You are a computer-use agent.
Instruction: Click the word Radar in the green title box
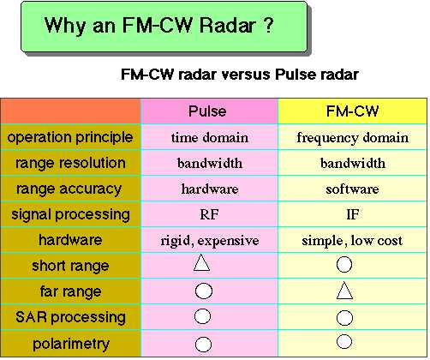click(x=227, y=25)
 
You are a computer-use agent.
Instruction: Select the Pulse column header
click(x=207, y=111)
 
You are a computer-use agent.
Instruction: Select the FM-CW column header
click(x=352, y=111)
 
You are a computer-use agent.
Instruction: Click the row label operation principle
click(x=70, y=138)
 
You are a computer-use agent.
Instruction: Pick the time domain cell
click(x=210, y=138)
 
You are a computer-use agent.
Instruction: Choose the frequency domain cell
click(x=353, y=138)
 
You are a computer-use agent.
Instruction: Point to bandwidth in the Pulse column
click(x=210, y=163)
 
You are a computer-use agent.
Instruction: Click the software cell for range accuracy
click(x=352, y=189)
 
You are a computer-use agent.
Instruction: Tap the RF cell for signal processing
click(x=209, y=214)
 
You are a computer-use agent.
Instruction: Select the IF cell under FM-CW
click(x=352, y=214)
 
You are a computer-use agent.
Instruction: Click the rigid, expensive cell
click(x=210, y=241)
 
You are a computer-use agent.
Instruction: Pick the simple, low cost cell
click(x=352, y=241)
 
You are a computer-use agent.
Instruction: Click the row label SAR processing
click(x=70, y=317)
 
